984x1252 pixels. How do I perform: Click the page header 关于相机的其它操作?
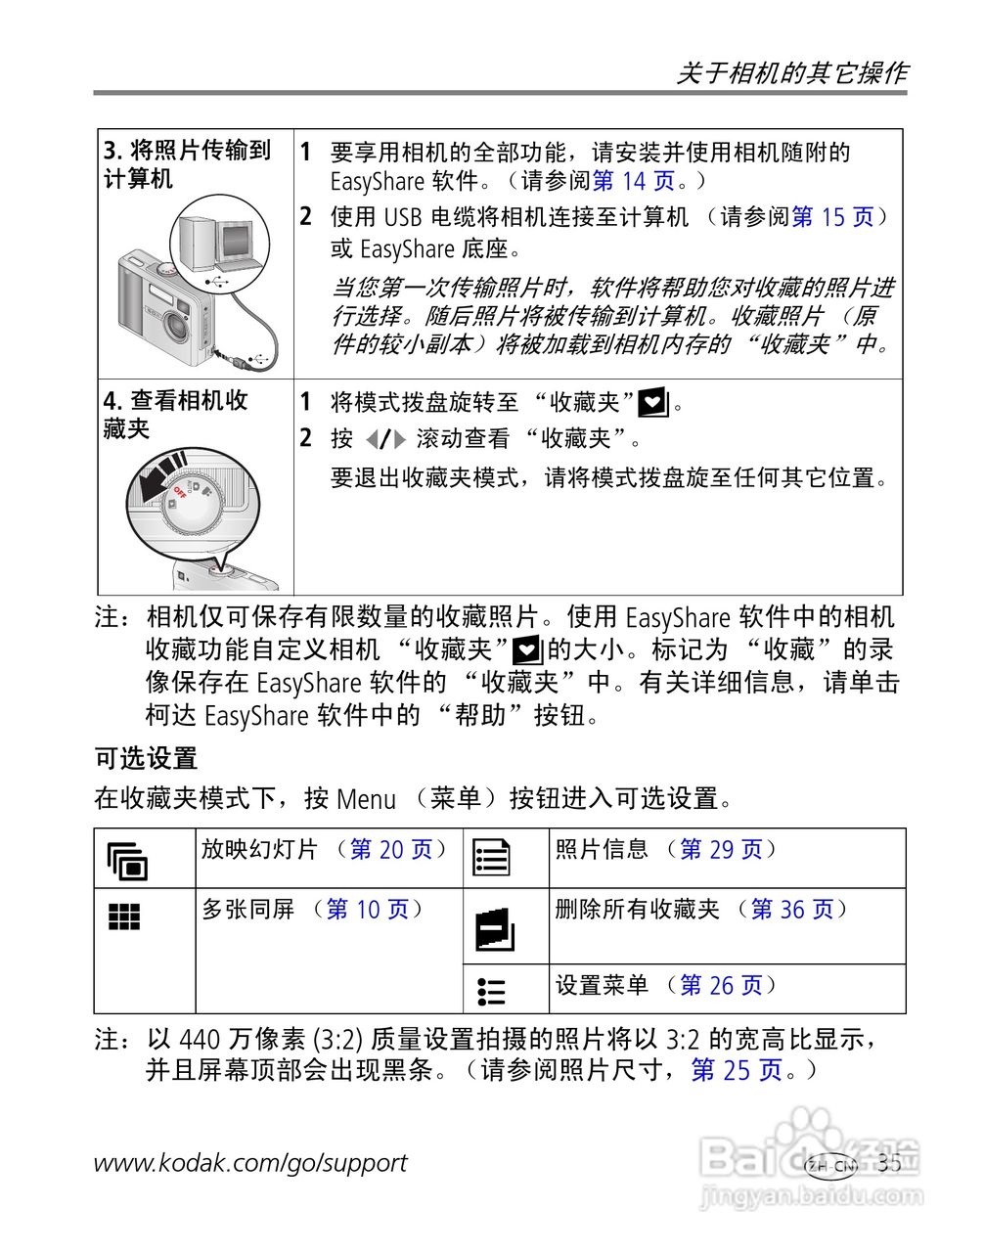pos(791,73)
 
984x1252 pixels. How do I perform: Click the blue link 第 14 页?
pos(634,181)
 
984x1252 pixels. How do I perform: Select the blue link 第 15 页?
pos(832,217)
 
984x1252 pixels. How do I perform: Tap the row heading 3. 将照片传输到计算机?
pos(187,164)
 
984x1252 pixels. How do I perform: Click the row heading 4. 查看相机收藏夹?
pos(176,415)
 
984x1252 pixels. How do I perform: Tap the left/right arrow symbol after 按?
pos(384,439)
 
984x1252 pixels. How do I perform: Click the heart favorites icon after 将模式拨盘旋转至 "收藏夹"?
pos(652,402)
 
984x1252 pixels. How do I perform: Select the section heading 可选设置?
pos(146,758)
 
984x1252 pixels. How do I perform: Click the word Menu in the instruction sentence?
pos(366,799)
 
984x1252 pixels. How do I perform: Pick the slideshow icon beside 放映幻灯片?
pos(127,860)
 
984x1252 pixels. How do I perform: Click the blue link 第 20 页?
pos(391,850)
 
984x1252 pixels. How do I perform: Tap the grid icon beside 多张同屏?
pos(124,917)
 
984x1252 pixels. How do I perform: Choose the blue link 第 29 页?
pos(721,850)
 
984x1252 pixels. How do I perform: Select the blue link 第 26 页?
pos(721,986)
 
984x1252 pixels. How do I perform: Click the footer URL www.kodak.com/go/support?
pos(250,1163)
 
